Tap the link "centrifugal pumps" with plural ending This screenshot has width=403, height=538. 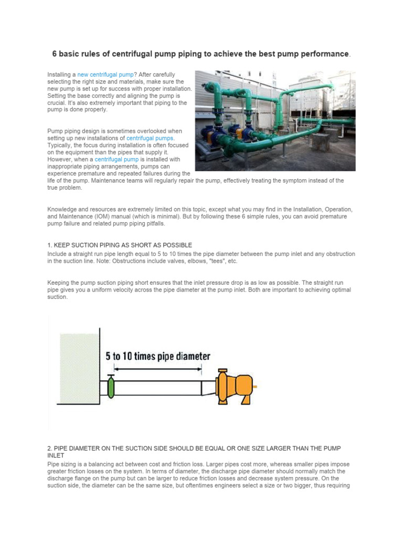[x=150, y=138]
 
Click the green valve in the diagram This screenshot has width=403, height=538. [x=111, y=388]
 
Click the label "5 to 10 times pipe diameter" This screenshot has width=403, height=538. [x=157, y=356]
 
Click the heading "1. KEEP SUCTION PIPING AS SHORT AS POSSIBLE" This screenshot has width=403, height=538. [x=120, y=245]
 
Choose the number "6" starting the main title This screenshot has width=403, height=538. [x=54, y=54]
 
